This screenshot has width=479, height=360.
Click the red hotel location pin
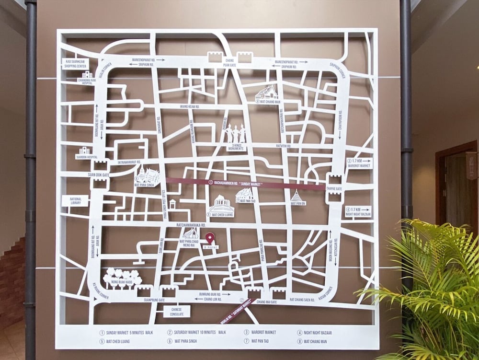click(210, 237)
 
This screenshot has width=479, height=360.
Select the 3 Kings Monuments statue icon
click(235, 133)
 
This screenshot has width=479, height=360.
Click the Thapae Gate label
click(334, 189)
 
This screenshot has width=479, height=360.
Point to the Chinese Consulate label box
click(177, 312)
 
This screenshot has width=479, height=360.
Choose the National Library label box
click(75, 200)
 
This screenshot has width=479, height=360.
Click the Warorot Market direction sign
click(359, 163)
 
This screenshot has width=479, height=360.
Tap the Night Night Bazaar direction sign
click(358, 211)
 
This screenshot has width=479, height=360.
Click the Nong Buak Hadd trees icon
click(122, 276)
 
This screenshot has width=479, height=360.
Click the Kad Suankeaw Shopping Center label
click(76, 63)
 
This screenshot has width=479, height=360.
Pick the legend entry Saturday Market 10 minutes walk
click(196, 332)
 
